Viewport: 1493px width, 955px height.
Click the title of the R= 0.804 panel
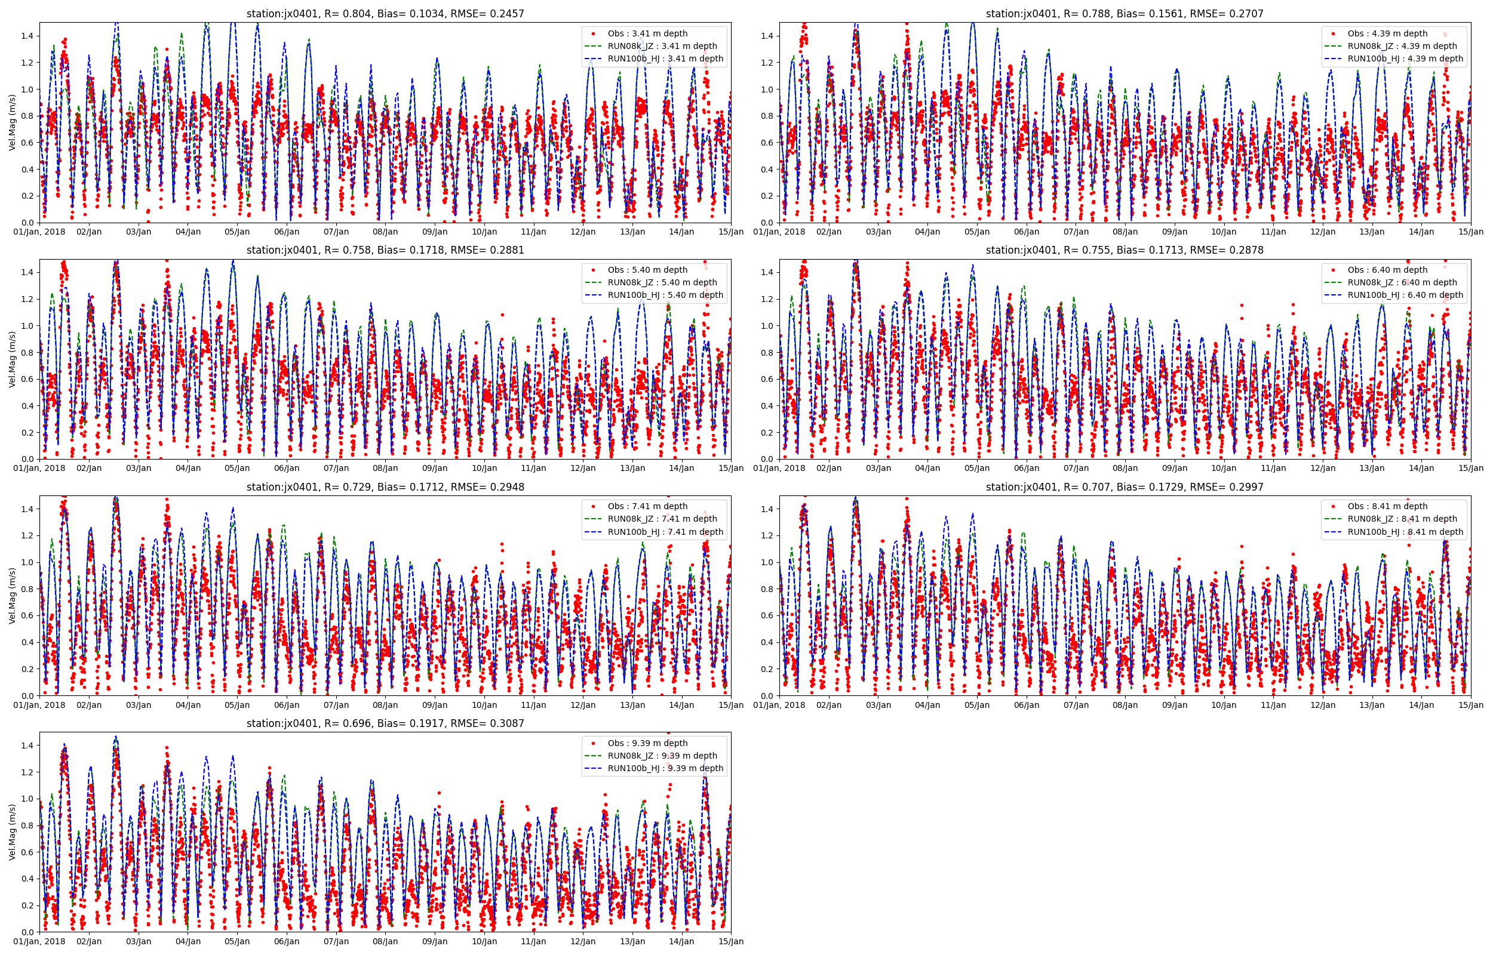coord(385,14)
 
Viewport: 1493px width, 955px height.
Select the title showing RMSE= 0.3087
coord(385,723)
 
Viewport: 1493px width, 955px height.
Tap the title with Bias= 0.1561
coord(1124,14)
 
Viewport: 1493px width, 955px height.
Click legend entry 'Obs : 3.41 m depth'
coord(647,33)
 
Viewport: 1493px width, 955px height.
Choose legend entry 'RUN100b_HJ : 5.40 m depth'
coord(665,295)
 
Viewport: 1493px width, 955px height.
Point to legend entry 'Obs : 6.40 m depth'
coord(1387,270)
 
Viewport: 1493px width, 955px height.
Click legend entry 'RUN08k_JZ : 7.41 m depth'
coord(662,519)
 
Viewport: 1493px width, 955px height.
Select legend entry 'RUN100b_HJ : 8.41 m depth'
coord(1405,532)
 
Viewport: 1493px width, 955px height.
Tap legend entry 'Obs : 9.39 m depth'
coord(647,743)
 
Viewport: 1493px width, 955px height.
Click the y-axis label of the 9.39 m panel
coord(12,832)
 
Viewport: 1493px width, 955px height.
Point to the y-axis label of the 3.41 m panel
coord(12,123)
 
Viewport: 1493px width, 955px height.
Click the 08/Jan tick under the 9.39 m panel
coord(385,941)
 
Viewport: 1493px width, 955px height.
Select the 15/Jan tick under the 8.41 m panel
coord(1471,705)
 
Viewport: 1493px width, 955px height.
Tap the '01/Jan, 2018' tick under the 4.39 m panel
coord(779,232)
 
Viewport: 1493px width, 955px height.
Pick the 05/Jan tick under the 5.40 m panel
coord(237,468)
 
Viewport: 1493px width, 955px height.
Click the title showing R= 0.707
coord(1124,487)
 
